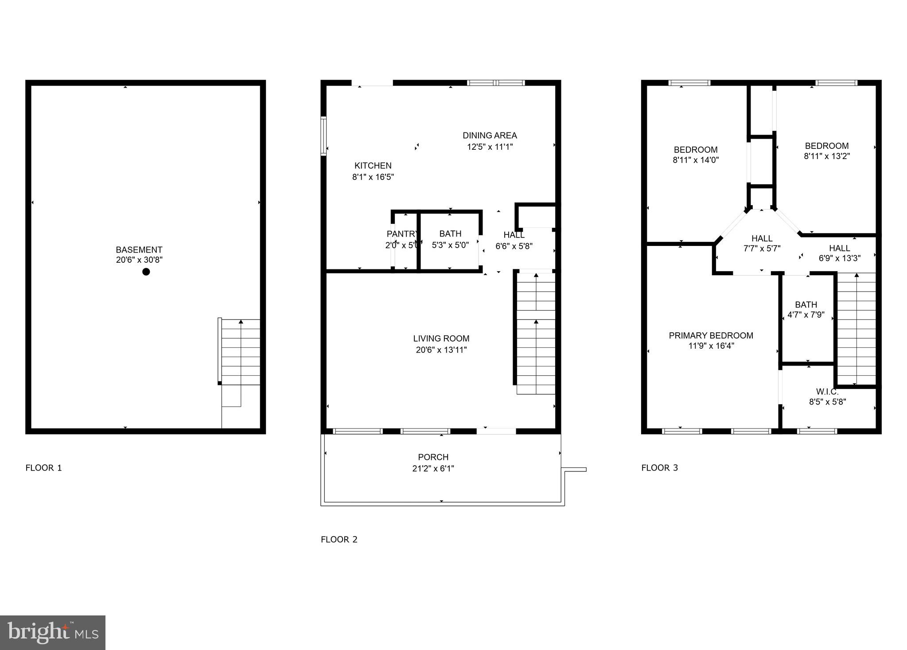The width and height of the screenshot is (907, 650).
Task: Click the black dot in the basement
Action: [x=146, y=272]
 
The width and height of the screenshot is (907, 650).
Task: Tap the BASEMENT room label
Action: [x=139, y=249]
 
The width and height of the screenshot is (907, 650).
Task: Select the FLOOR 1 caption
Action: [x=44, y=468]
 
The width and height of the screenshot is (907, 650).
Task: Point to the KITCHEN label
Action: [x=373, y=166]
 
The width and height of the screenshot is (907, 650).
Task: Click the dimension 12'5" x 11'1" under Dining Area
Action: [x=490, y=147]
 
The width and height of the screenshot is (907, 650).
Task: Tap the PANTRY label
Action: [x=402, y=234]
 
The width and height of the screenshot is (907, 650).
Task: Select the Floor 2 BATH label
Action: [x=450, y=234]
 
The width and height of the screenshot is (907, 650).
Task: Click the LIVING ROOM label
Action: [x=441, y=339]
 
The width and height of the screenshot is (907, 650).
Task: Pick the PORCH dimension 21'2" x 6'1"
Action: [x=433, y=468]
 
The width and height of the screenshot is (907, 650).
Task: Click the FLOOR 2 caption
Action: [x=339, y=539]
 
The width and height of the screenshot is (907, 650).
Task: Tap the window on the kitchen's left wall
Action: [x=323, y=136]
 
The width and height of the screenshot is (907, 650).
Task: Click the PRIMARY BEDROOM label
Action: [x=711, y=335]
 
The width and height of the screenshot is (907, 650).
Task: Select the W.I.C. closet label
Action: [x=827, y=392]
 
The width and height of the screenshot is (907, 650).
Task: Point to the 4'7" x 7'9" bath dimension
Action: [x=806, y=315]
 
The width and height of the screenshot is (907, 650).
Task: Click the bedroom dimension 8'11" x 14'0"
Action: [x=696, y=160]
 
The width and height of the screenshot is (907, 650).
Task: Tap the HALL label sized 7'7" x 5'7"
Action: [x=762, y=238]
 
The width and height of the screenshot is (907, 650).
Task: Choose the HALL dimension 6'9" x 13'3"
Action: [x=839, y=258]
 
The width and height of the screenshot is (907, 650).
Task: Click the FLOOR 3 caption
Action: [x=659, y=468]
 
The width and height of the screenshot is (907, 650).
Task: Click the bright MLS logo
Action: [x=53, y=632]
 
